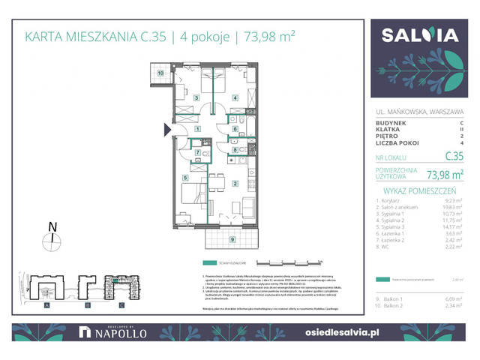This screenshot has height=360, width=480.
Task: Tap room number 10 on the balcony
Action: [160, 73]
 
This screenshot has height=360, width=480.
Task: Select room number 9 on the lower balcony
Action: [232, 239]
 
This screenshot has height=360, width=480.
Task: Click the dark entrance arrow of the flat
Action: [169, 130]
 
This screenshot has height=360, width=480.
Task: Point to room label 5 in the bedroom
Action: [184, 177]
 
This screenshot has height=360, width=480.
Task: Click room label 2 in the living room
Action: [234, 184]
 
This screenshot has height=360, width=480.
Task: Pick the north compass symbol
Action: [52, 241]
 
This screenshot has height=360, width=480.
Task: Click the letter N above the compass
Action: [51, 226]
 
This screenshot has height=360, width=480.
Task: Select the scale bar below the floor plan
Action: [289, 262]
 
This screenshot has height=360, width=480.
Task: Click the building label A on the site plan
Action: [47, 305]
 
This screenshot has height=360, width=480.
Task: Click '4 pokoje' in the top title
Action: [206, 36]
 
